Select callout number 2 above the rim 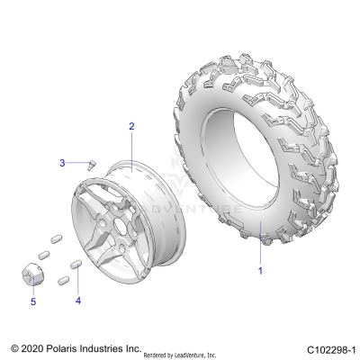131,127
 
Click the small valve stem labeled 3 91,164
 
